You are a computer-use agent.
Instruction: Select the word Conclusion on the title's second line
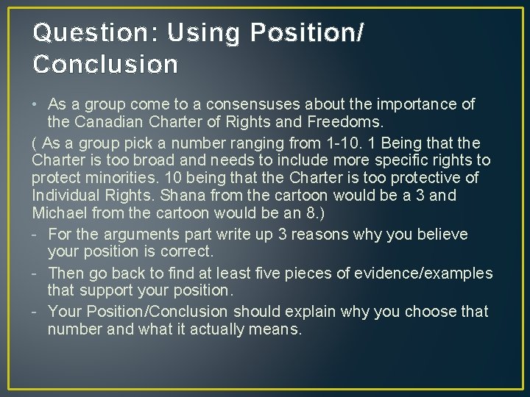105,65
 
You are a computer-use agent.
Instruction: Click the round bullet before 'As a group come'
37,104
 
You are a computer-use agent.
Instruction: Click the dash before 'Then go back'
36,273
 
